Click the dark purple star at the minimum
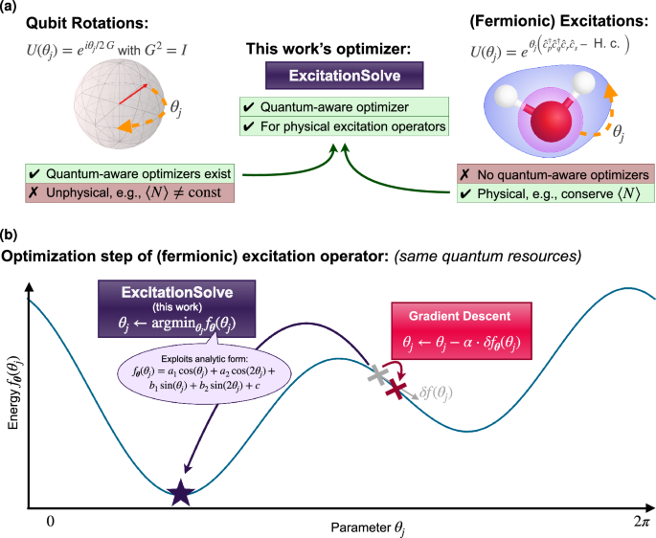click(180, 493)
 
